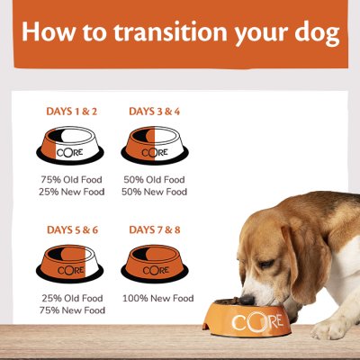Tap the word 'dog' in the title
[x=319, y=34]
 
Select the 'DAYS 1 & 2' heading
[x=72, y=112]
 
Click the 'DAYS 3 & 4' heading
[x=155, y=112]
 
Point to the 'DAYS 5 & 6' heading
[x=72, y=230]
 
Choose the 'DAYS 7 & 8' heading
[x=155, y=230]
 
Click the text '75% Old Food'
[x=72, y=178]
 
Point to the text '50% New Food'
[x=155, y=192]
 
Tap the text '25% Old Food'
[x=72, y=298]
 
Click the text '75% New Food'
[x=72, y=310]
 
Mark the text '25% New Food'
[x=72, y=192]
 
